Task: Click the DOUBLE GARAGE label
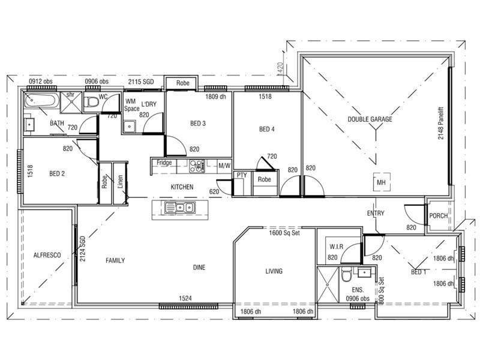coord(370,119)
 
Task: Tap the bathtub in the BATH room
coord(41,100)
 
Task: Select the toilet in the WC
coord(91,102)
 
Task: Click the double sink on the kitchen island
coord(180,208)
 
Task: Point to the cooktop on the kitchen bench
coord(197,166)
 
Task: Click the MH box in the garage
coord(381,182)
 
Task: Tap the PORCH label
coord(439,216)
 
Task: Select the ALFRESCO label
coord(47,255)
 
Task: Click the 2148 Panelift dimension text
coord(441,123)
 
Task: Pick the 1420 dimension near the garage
coord(280,68)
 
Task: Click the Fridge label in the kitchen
coord(164,163)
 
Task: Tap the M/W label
coord(224,166)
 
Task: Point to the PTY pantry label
coord(242,175)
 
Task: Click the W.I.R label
coord(337,247)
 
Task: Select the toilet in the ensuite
coord(347,275)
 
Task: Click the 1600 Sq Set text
coord(284,233)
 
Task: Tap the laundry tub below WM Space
coord(129,127)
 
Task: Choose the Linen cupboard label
coord(121,181)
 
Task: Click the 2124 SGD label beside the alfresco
coord(83,248)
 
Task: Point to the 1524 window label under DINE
coord(185,298)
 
